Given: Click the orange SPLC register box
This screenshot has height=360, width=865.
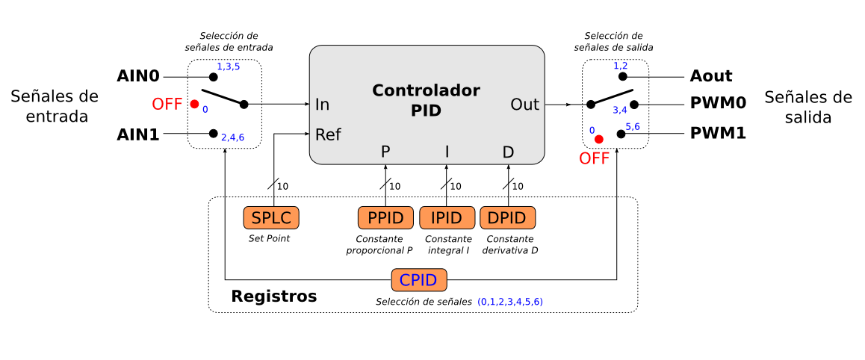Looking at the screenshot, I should [x=271, y=218].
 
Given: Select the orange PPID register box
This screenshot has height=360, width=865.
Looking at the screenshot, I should [x=385, y=218].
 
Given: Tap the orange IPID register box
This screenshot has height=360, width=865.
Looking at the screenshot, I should [x=447, y=218].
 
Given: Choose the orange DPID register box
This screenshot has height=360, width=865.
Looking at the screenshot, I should [x=508, y=218].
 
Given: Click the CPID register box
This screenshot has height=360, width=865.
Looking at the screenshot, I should [x=419, y=281].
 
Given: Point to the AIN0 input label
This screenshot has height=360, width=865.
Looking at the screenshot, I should [x=139, y=76].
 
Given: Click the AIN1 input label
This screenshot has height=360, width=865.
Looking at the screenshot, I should [x=139, y=134].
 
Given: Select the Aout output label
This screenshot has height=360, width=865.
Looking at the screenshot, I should [x=711, y=76].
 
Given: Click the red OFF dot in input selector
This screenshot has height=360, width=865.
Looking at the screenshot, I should [x=194, y=105].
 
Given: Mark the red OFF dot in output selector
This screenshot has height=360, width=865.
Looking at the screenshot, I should [x=598, y=139].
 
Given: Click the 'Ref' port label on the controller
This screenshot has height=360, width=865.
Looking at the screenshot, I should [x=329, y=134].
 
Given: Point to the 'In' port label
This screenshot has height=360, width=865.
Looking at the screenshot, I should [x=323, y=105].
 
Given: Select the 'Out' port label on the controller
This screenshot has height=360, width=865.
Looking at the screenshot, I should [x=525, y=105].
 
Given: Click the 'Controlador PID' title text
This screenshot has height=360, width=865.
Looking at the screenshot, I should [x=426, y=101].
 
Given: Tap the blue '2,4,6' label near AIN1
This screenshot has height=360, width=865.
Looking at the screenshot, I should [x=232, y=137].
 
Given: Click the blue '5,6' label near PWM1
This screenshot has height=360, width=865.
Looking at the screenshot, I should [x=633, y=126].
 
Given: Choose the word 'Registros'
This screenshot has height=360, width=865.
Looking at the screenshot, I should [x=274, y=297].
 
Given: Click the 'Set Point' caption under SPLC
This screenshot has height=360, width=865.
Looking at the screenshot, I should [x=269, y=239].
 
